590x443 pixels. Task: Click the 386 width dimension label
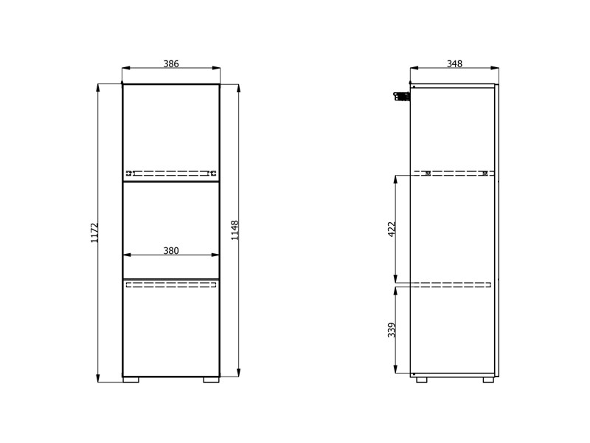pyautogui.click(x=171, y=63)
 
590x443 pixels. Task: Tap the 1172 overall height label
pyautogui.click(x=94, y=233)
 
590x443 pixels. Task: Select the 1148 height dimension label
pyautogui.click(x=235, y=230)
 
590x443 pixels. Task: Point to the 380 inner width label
pyautogui.click(x=171, y=250)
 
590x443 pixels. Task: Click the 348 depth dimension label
pyautogui.click(x=454, y=63)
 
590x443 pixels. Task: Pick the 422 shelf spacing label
pyautogui.click(x=392, y=229)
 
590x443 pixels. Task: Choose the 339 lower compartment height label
pyautogui.click(x=392, y=329)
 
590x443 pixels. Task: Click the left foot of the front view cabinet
pyautogui.click(x=131, y=380)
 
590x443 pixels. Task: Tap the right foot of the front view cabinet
pyautogui.click(x=211, y=380)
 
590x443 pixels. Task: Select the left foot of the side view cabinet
pyautogui.click(x=421, y=380)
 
